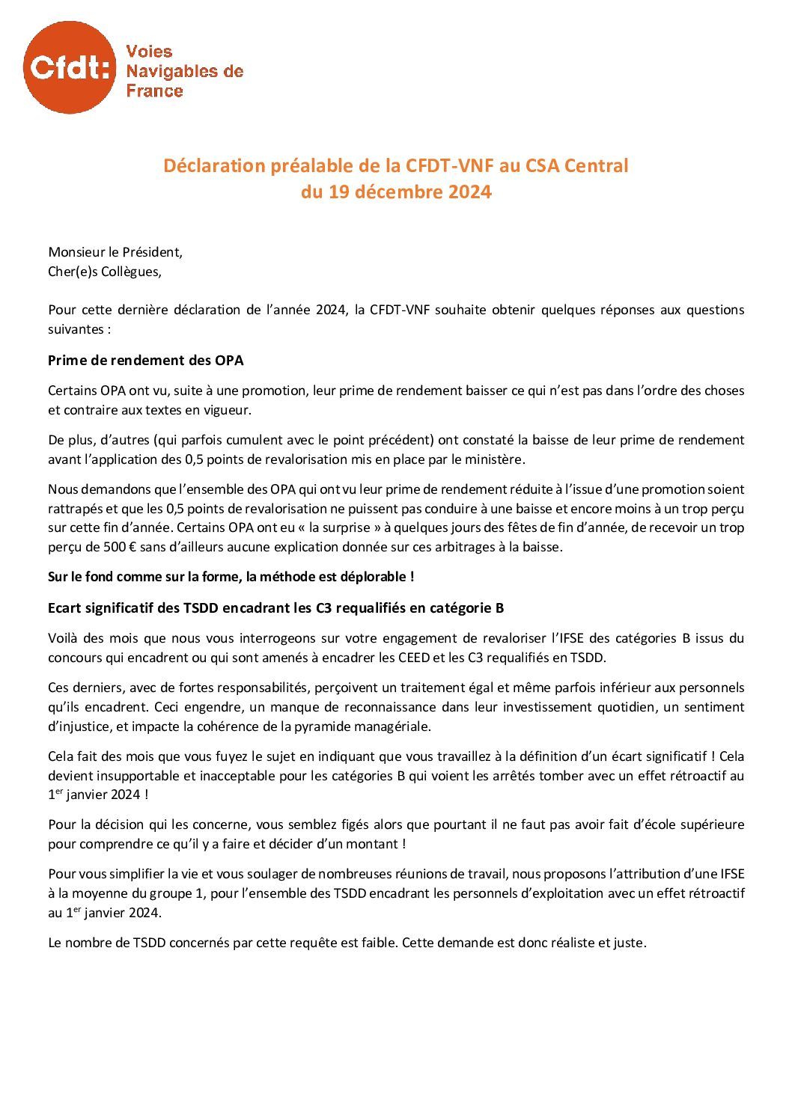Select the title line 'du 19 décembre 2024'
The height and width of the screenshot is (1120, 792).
click(x=396, y=192)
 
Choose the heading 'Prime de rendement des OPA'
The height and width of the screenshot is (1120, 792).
click(x=146, y=360)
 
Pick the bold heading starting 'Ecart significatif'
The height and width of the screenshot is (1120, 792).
click(x=275, y=608)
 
